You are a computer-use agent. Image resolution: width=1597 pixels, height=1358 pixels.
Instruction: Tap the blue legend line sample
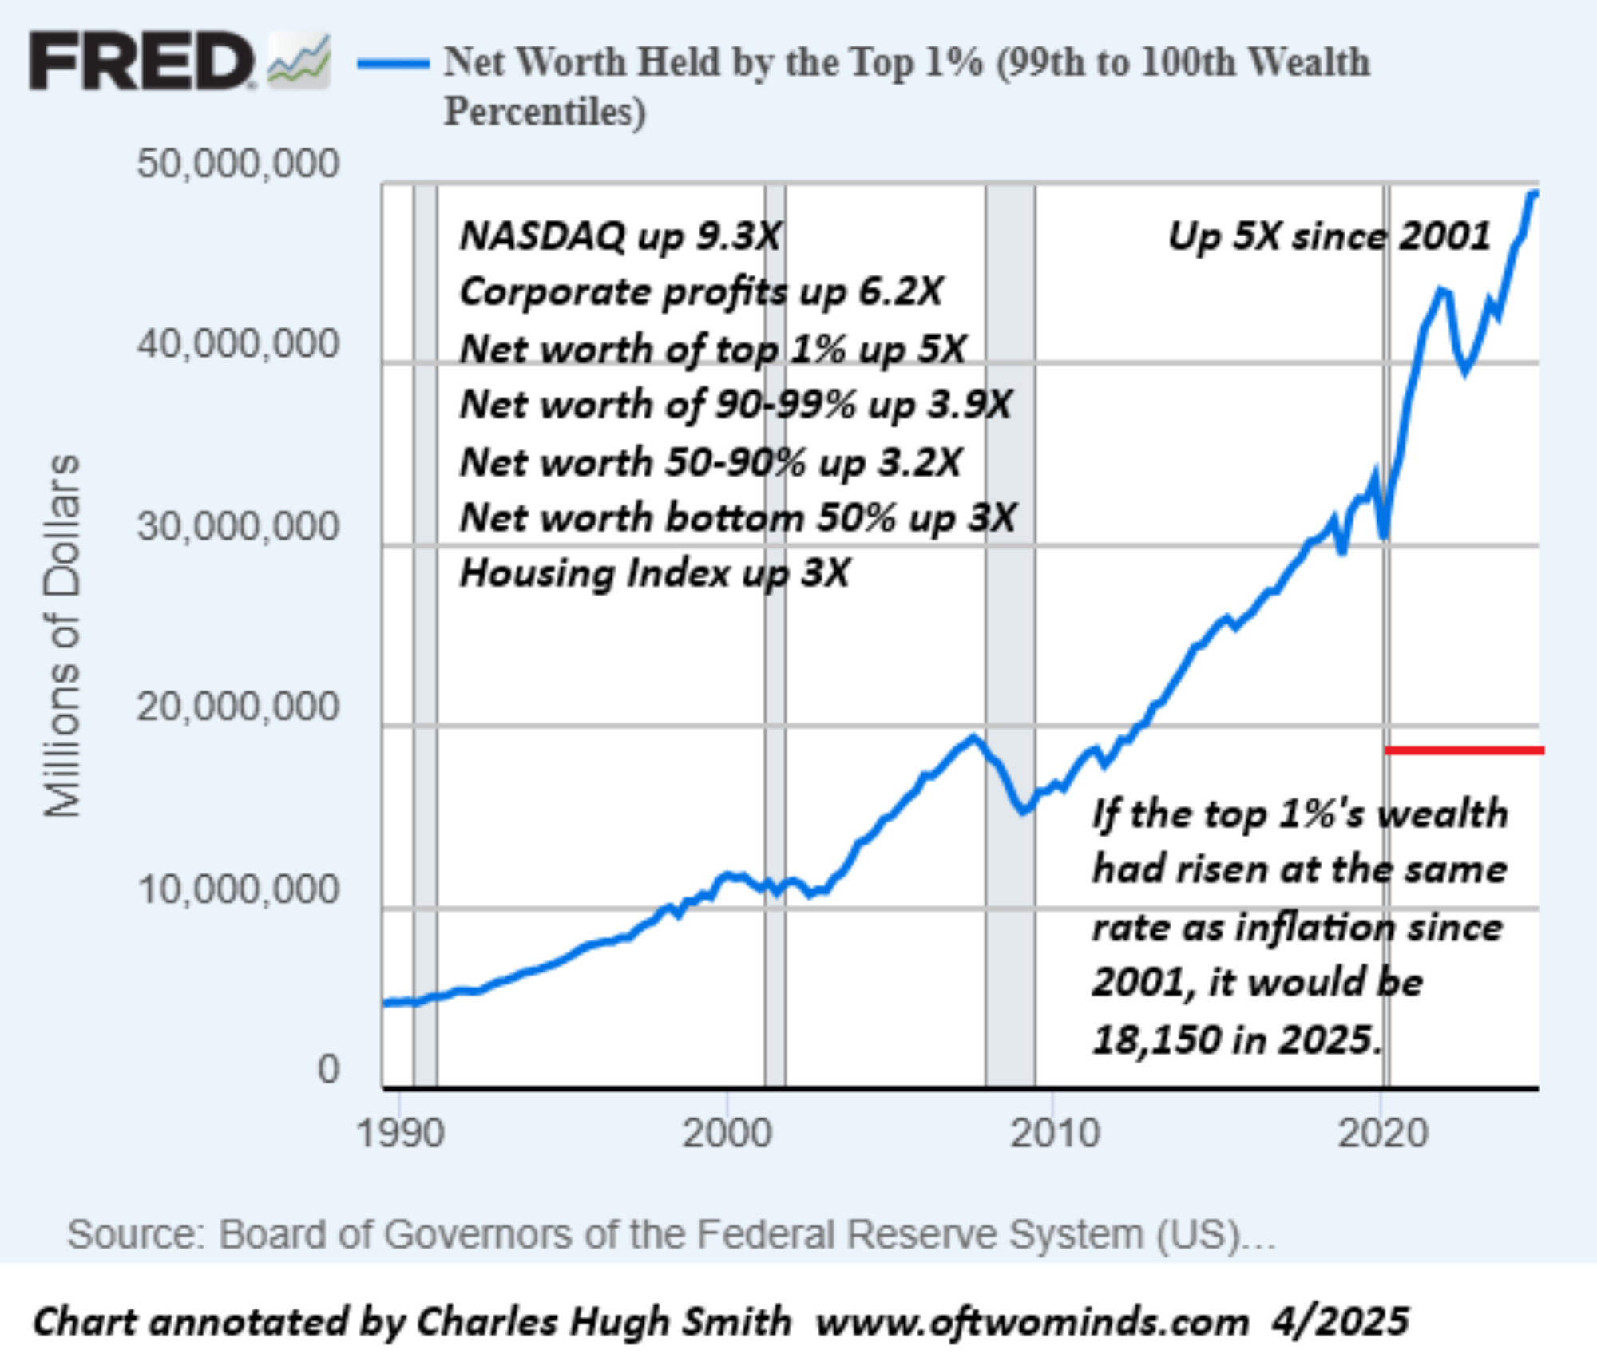pos(393,64)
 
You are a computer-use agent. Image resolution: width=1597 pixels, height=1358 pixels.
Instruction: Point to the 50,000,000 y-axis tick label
pos(238,164)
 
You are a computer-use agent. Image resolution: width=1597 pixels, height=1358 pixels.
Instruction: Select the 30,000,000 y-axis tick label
pos(238,526)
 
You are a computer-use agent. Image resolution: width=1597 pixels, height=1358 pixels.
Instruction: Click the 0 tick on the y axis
pos(328,1068)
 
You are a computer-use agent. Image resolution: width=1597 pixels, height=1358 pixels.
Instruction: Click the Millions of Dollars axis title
pos(62,635)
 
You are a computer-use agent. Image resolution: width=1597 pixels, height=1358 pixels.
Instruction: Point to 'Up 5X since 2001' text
pos(1329,236)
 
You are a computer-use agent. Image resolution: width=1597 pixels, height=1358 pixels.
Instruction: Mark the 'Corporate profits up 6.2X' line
pos(701,292)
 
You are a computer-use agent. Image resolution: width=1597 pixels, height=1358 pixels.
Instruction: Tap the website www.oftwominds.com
pos(1032,1321)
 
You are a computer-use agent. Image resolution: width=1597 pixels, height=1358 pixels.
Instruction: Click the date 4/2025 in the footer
pos(1341,1321)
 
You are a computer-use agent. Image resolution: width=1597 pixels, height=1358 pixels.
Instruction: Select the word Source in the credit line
pos(132,1234)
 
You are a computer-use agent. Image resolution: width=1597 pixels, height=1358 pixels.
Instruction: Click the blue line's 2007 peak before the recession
pos(973,738)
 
